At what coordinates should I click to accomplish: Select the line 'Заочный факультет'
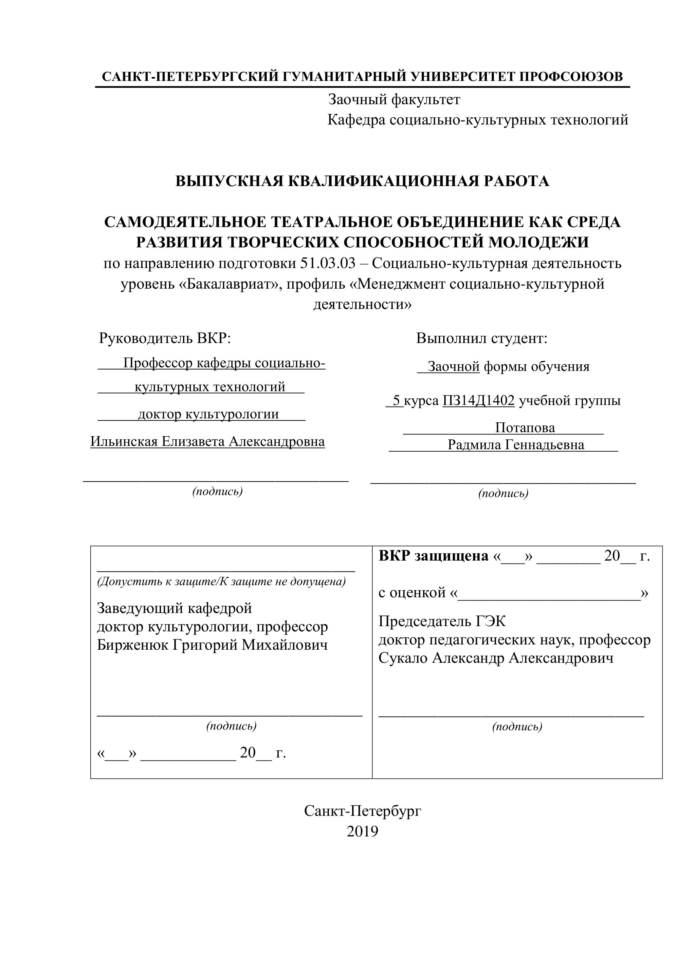coord(394,100)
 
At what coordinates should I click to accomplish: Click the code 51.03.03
coord(328,264)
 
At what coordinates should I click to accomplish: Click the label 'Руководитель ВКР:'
coord(165,338)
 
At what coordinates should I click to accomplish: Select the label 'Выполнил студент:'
coord(482,338)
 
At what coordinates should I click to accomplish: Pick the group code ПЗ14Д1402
coord(479,401)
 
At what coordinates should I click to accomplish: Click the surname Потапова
coord(525,428)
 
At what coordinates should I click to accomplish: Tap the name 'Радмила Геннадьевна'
coord(516,445)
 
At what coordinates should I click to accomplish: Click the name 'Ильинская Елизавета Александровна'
coord(208,441)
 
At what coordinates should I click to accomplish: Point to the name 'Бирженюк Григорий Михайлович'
coord(212,645)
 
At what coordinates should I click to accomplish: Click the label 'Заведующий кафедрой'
coord(174,608)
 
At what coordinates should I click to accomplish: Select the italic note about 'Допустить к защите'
coord(221,581)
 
